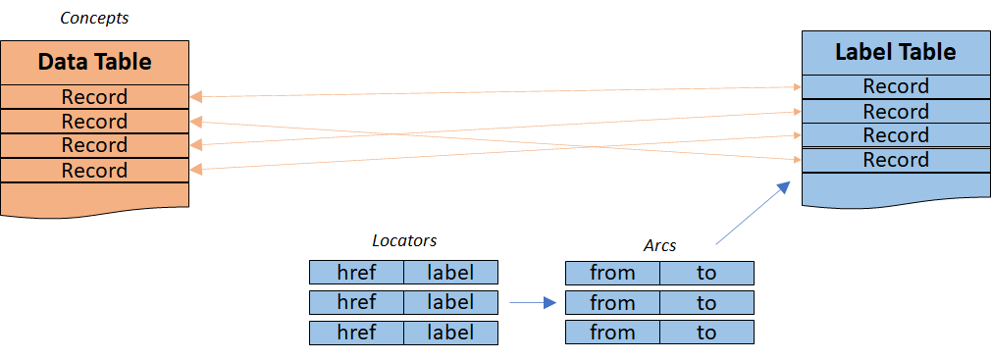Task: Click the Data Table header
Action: point(95,63)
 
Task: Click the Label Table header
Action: point(896,52)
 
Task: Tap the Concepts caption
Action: point(94,18)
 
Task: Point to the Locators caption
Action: point(404,240)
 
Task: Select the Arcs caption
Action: point(659,245)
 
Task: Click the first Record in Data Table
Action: point(95,97)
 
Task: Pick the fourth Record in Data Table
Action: point(95,171)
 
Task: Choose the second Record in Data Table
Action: point(95,121)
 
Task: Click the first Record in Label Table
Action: point(896,86)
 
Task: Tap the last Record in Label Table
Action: point(896,160)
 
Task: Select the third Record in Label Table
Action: point(896,135)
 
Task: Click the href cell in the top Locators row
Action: point(356,273)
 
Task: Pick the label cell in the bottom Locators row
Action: point(450,333)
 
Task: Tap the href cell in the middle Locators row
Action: point(356,302)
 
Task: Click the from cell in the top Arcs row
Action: point(612,273)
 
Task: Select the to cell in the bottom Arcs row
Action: point(706,333)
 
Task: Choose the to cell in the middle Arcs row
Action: point(706,302)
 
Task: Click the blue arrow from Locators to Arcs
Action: point(533,303)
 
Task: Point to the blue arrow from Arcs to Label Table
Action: point(753,212)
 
